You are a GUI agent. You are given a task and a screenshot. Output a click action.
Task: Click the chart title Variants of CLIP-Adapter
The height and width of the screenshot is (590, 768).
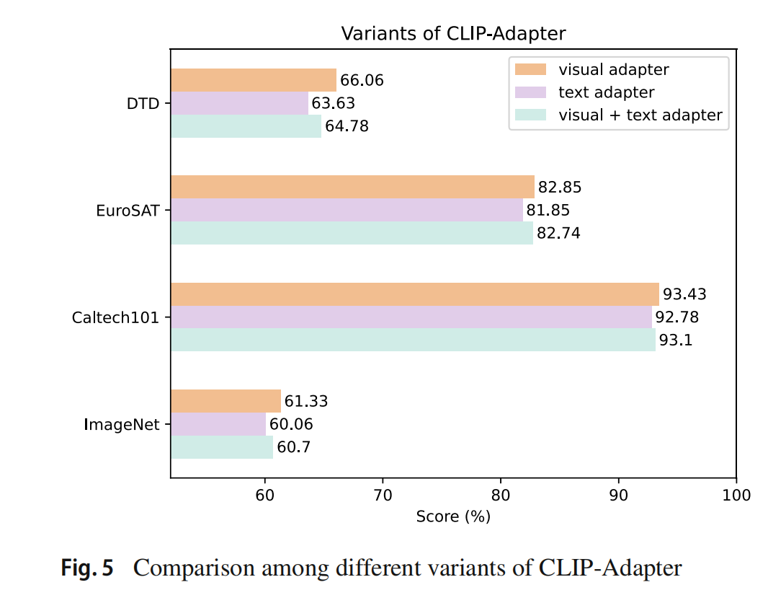pyautogui.click(x=453, y=34)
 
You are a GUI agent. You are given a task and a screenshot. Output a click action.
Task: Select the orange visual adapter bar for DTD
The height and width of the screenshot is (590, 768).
pyautogui.click(x=253, y=80)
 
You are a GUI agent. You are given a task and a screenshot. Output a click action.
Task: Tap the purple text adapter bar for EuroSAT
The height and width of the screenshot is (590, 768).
pyautogui.click(x=347, y=210)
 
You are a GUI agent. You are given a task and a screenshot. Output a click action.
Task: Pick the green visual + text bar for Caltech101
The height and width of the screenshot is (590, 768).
pyautogui.click(x=413, y=340)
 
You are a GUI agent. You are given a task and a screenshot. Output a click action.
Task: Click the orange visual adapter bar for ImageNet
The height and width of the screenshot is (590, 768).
pyautogui.click(x=226, y=401)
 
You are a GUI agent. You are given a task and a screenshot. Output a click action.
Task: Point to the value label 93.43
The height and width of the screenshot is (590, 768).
pyautogui.click(x=684, y=294)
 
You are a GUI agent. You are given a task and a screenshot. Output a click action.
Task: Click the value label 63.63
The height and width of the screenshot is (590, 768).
pyautogui.click(x=333, y=103)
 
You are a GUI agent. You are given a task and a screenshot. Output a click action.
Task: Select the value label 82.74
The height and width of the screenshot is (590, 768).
pyautogui.click(x=558, y=233)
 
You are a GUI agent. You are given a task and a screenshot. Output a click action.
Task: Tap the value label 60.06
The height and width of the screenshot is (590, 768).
pyautogui.click(x=291, y=425)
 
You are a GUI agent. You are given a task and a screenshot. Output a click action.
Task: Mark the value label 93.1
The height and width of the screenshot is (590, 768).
pyautogui.click(x=676, y=340)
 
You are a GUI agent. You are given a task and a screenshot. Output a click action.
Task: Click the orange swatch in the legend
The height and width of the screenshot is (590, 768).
pyautogui.click(x=530, y=69)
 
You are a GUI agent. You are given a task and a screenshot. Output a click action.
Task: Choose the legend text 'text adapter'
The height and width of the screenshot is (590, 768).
pyautogui.click(x=606, y=92)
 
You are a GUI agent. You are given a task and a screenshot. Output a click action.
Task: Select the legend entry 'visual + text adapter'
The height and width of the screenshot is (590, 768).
pyautogui.click(x=640, y=115)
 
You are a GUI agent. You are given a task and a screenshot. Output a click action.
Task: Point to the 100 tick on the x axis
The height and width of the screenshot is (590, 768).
pyautogui.click(x=736, y=495)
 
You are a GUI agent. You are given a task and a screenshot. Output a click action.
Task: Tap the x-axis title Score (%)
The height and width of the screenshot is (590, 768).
pyautogui.click(x=453, y=516)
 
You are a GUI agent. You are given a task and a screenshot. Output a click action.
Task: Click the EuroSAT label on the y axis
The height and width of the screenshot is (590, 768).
pyautogui.click(x=128, y=211)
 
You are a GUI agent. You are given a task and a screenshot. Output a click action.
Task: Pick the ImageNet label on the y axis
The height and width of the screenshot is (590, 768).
pyautogui.click(x=122, y=424)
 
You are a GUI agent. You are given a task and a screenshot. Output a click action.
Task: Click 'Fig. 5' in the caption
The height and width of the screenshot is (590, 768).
pyautogui.click(x=87, y=568)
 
